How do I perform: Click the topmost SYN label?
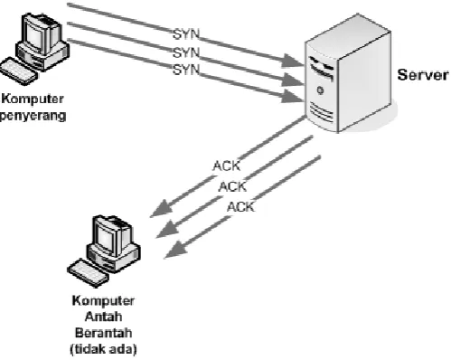pos(186,34)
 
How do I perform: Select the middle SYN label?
pos(186,52)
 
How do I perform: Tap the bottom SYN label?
pos(186,70)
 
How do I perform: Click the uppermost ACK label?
pos(227,166)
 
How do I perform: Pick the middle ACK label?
pos(232,187)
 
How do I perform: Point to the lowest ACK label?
pos(240,207)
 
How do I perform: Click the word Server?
pos(423,75)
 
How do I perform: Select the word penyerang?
pos(33,116)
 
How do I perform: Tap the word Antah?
pos(103,317)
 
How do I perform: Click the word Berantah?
pos(103,333)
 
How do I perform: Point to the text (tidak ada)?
pos(103,349)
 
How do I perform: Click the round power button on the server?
pos(320,90)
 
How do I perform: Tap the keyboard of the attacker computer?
pos(19,71)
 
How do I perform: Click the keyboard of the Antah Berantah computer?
pos(88,273)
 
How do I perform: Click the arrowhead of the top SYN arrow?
pos(292,61)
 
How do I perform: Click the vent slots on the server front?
pos(322,112)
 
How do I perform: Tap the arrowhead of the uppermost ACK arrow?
pos(161,209)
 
